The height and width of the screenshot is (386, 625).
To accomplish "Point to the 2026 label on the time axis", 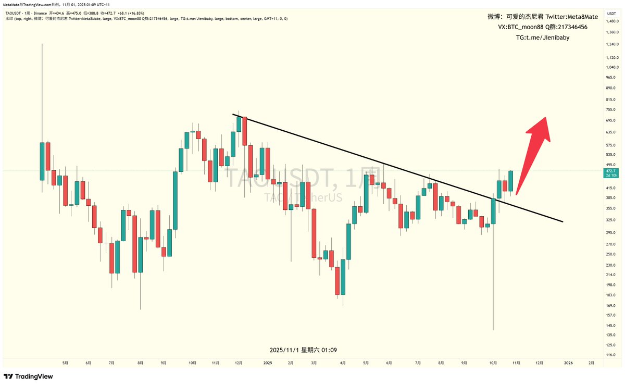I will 568,363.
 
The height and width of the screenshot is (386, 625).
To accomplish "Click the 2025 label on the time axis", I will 268,363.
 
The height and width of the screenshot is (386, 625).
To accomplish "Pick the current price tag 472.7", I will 610,171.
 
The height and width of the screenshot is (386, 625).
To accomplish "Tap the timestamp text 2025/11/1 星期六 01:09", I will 307,350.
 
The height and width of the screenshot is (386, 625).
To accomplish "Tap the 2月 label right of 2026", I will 591,363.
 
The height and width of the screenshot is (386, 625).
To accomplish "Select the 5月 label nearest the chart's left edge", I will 65,363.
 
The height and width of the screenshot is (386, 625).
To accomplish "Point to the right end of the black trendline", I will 562,222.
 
